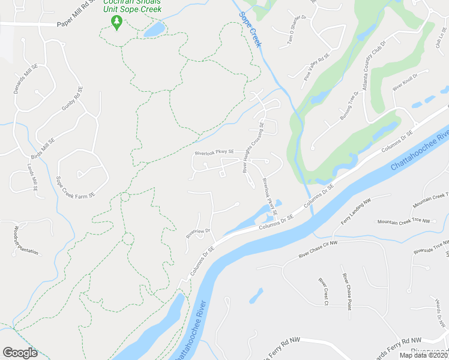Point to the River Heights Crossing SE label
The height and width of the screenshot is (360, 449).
click(x=253, y=147)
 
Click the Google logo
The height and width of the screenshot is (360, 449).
click(x=20, y=353)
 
